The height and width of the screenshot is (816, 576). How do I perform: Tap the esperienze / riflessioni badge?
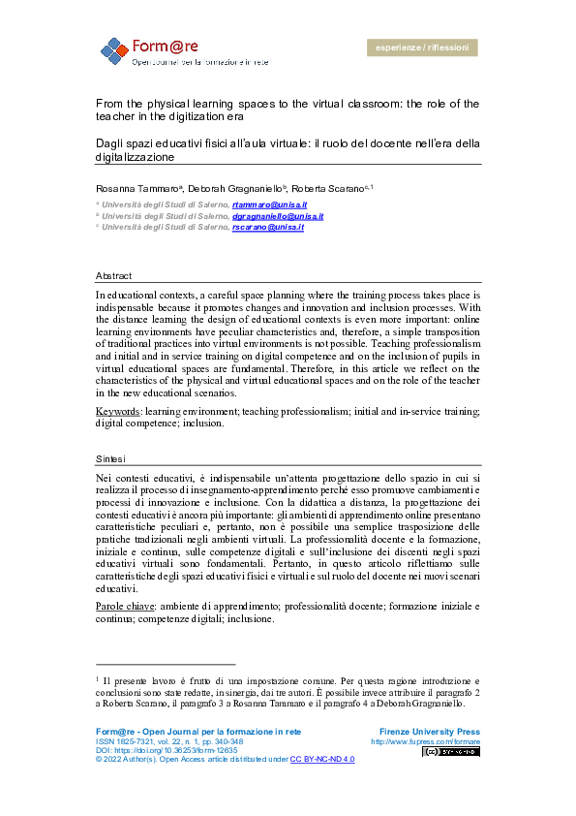(x=421, y=47)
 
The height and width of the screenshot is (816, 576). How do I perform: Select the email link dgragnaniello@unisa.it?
(x=278, y=217)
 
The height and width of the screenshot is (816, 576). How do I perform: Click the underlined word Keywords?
(x=116, y=412)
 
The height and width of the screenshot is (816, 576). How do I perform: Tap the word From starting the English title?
(x=107, y=104)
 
